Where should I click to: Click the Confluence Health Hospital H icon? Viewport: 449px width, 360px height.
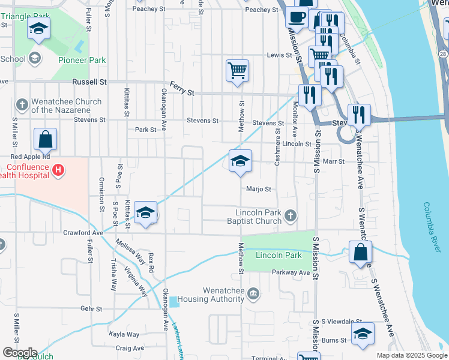pos(58,170)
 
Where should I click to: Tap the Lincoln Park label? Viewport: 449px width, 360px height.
pos(279,255)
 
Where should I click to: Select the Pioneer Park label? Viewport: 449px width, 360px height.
pos(82,60)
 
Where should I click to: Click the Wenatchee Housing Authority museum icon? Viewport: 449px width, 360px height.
pos(253,293)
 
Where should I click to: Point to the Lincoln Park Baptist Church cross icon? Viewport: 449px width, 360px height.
pos(291,215)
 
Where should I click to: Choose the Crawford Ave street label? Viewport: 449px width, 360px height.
pos(83,233)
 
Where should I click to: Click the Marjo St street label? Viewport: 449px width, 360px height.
pos(259,189)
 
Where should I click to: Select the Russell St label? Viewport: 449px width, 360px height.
pos(89,81)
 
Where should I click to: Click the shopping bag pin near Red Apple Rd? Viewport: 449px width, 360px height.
pos(46,140)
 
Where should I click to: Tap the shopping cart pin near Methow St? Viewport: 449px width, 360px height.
pos(237,70)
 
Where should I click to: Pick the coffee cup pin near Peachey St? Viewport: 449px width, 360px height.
pos(296,17)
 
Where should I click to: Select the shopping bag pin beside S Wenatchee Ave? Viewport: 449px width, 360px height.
pos(360,252)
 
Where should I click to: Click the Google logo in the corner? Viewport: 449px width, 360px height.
pos(20,353)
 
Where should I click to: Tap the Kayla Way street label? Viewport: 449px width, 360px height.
pos(124,334)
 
